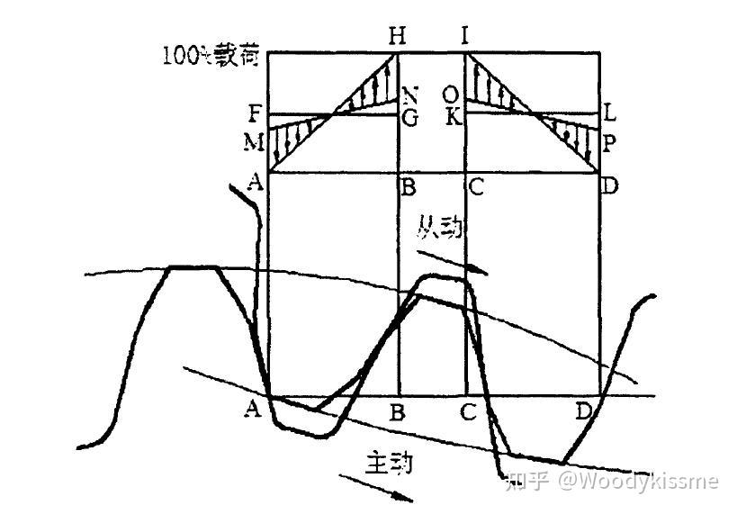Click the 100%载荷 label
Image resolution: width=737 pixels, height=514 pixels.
coord(211,56)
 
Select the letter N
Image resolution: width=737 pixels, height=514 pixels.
coord(410,95)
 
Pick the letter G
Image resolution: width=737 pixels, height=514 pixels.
coord(410,117)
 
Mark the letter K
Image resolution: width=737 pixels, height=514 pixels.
coord(451,117)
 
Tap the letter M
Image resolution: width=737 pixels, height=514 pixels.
coord(255,141)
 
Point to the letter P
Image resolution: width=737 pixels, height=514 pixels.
coord(609,141)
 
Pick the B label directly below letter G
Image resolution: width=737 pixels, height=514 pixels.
coord(408,188)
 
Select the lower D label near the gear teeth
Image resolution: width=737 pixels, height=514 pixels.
coord(585,412)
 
